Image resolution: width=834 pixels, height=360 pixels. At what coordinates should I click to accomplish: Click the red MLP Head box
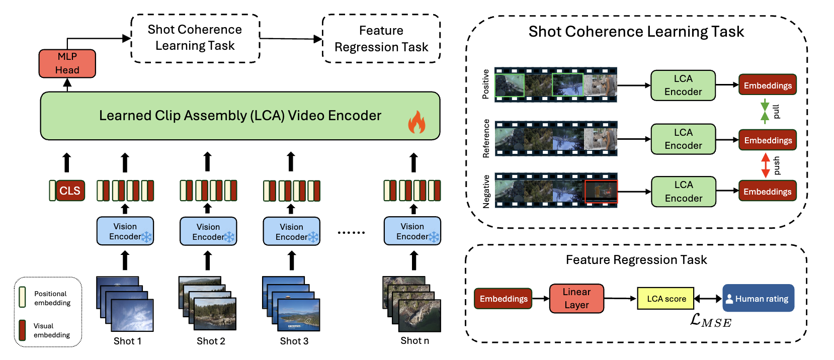click(67, 63)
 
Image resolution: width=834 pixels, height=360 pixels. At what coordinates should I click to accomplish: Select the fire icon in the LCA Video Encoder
click(416, 122)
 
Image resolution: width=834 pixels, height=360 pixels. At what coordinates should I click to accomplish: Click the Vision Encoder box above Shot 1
click(125, 231)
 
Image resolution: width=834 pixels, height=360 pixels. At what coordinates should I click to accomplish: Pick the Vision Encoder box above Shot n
click(412, 231)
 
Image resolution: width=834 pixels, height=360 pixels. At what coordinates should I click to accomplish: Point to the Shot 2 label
click(211, 341)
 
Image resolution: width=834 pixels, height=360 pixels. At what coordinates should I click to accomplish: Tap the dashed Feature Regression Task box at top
click(381, 39)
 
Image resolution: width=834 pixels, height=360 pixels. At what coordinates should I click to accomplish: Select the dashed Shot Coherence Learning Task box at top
click(195, 38)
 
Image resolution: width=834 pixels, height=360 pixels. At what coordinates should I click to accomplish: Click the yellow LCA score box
click(665, 299)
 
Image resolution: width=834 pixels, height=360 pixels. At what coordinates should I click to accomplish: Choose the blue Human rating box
click(758, 298)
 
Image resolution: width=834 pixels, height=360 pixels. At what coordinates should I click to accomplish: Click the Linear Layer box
click(576, 299)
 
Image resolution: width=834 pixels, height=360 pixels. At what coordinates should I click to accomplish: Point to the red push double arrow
click(766, 165)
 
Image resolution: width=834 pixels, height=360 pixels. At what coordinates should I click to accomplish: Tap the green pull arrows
click(765, 111)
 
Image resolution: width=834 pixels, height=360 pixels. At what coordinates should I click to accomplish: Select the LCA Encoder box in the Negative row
click(683, 192)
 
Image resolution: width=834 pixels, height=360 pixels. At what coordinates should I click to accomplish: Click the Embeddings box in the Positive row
click(767, 85)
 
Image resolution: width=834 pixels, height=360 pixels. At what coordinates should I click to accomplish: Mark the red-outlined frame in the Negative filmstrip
click(601, 192)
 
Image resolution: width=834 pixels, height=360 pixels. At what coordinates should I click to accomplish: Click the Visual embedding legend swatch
click(22, 330)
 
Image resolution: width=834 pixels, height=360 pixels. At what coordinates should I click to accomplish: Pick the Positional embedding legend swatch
click(22, 297)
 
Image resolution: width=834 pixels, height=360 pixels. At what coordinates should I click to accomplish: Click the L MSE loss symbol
click(710, 321)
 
